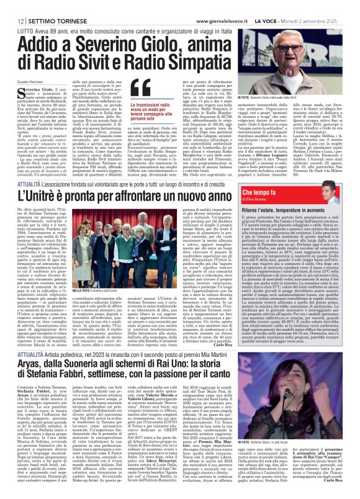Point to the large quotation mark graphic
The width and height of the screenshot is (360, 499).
(142, 88)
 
